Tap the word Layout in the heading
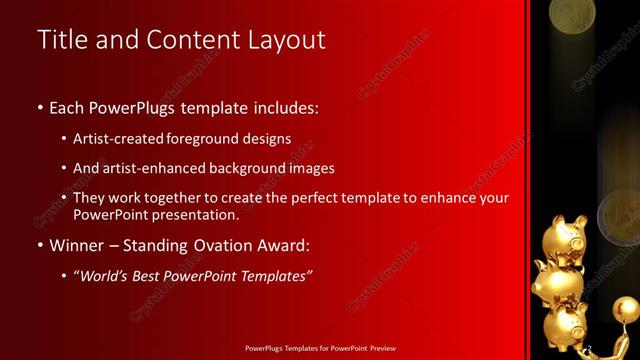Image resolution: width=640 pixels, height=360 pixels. pyautogui.click(x=285, y=40)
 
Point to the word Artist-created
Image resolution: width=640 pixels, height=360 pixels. pyautogui.click(x=119, y=138)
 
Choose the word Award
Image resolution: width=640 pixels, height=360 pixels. pyautogui.click(x=283, y=245)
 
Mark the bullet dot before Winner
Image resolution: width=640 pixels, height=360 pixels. pyautogui.click(x=39, y=246)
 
